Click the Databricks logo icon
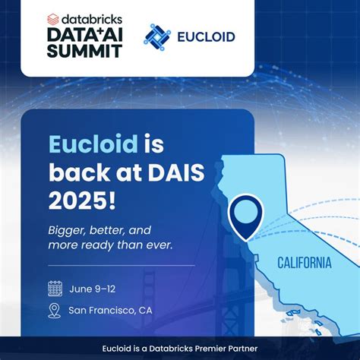(54, 16)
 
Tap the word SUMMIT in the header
(84, 51)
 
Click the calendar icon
(55, 288)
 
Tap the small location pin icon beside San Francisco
(55, 310)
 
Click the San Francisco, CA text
(110, 310)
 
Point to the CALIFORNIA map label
(303, 264)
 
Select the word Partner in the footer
(242, 349)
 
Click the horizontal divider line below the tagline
(122, 265)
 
